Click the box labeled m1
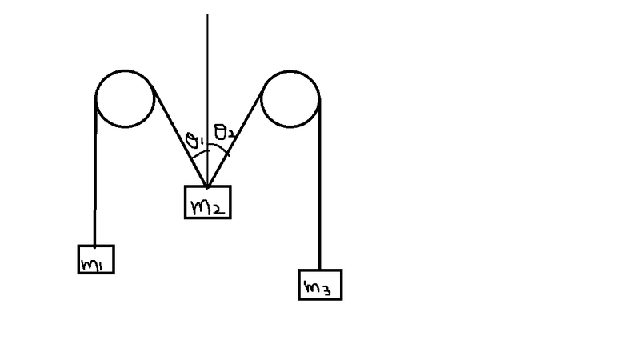96,259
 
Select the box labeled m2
208,202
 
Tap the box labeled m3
320,285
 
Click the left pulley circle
125,98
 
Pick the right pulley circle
290,98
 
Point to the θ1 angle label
194,140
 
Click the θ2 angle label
225,132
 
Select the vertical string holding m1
95,172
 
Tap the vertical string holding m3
319,184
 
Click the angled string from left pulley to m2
179,136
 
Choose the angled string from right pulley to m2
235,140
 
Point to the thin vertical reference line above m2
207,100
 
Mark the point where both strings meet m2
207,187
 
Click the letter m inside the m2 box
199,206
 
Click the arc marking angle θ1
199,154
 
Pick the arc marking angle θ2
218,148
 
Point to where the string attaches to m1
94,246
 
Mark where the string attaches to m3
319,270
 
